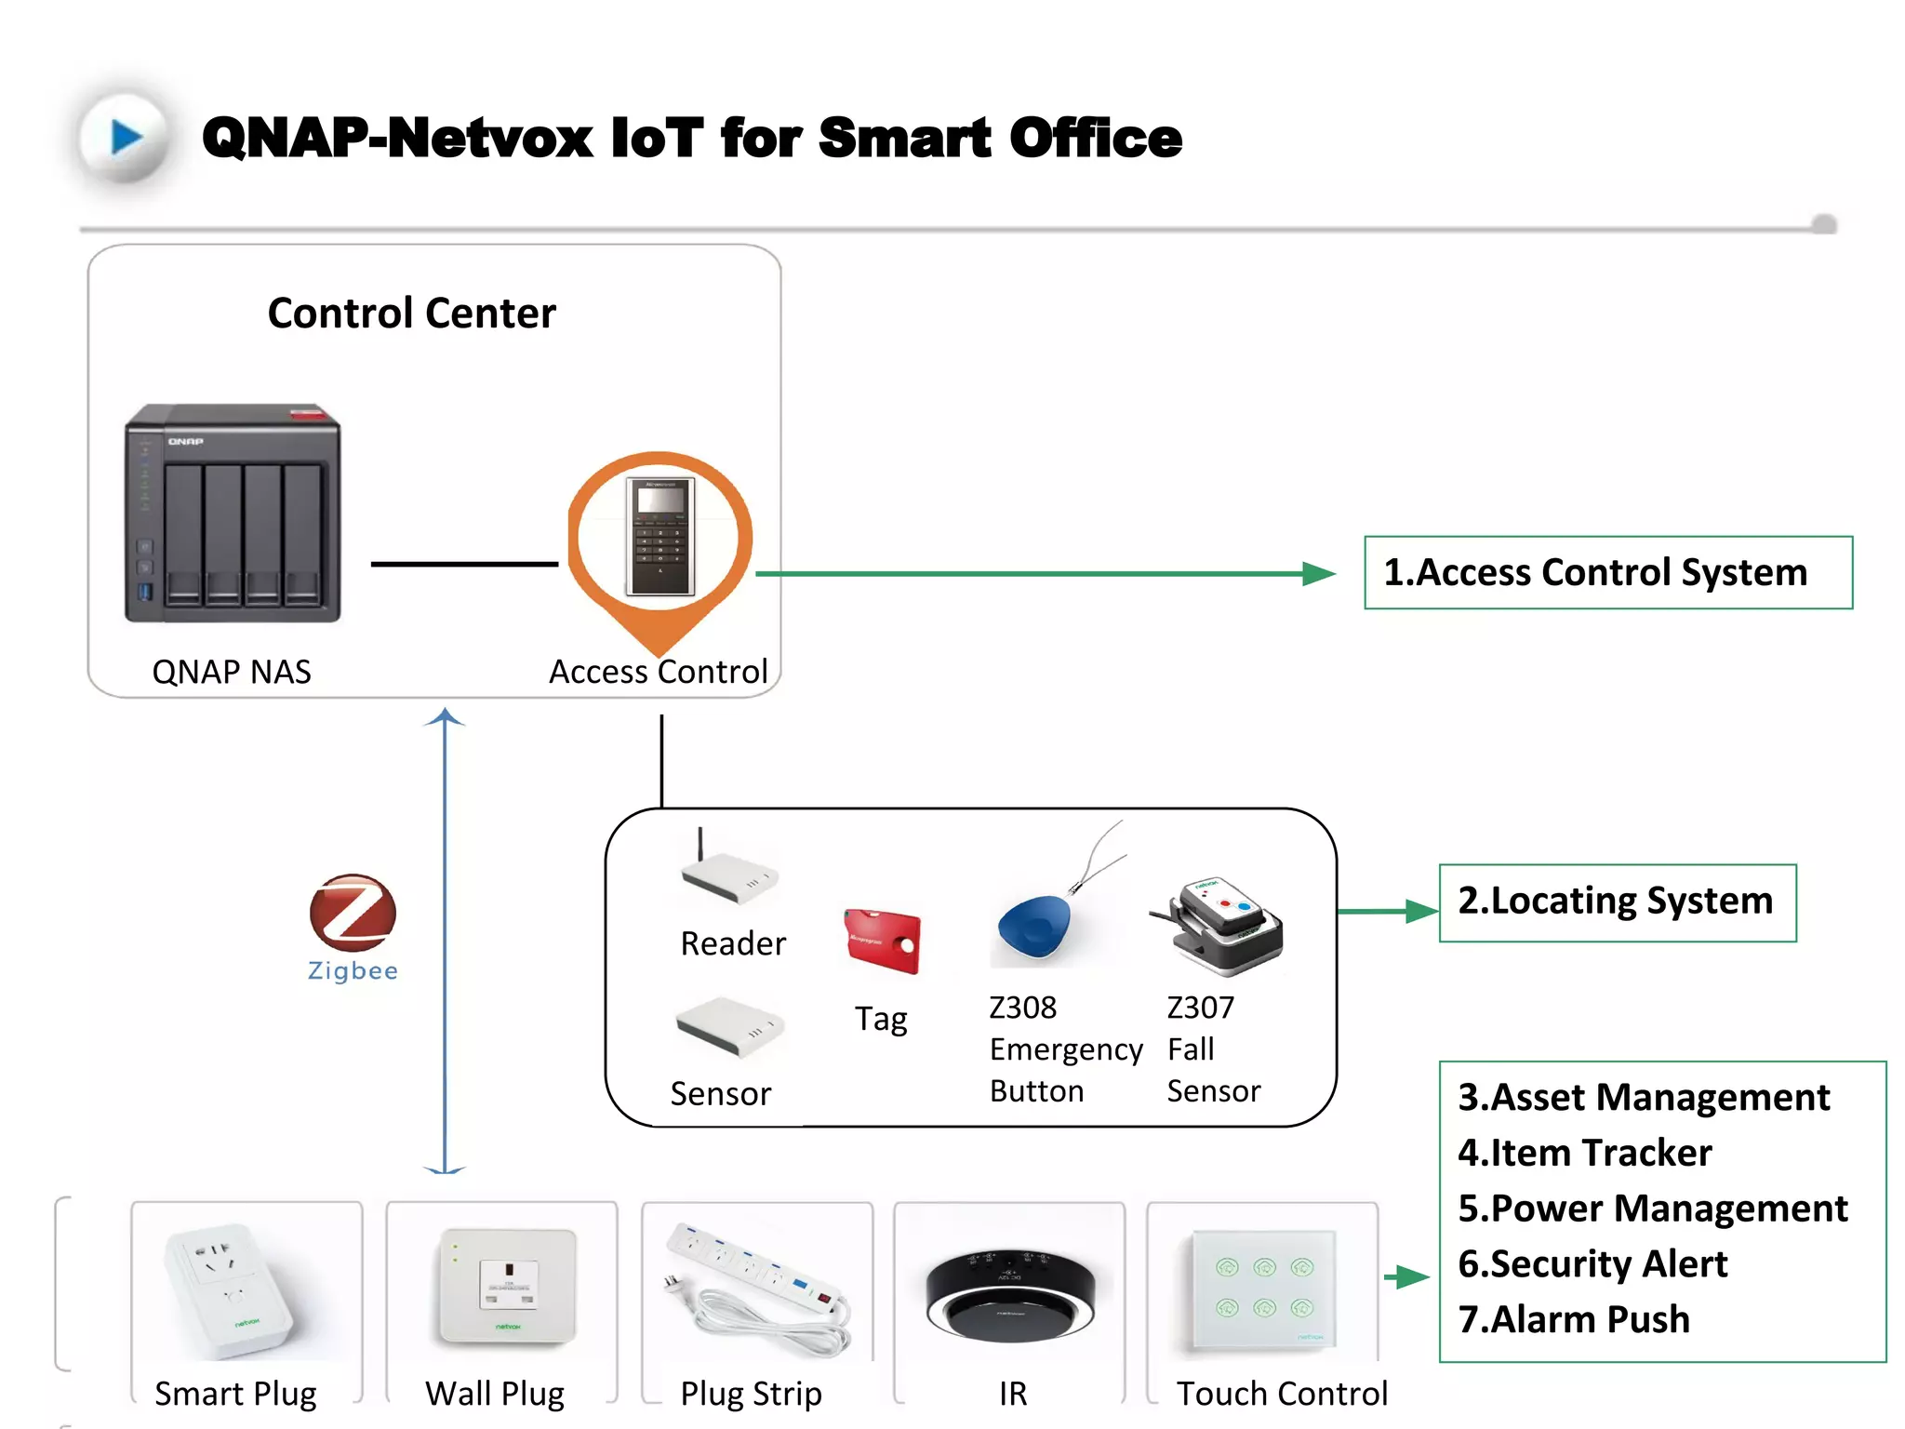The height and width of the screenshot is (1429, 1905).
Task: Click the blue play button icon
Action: [x=126, y=138]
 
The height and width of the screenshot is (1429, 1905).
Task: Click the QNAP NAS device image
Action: [x=233, y=514]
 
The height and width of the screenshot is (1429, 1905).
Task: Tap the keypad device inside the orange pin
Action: [x=660, y=537]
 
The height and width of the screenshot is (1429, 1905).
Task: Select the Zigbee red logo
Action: [x=353, y=912]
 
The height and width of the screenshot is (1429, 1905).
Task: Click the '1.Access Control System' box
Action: [x=1607, y=572]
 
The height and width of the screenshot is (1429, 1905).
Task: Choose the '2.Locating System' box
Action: [x=1617, y=902]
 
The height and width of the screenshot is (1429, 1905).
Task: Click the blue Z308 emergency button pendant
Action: [x=1034, y=927]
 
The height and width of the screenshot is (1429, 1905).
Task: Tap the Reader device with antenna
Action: [x=728, y=875]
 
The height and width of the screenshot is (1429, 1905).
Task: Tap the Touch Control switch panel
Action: [x=1263, y=1289]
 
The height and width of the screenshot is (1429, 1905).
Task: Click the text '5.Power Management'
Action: [x=1652, y=1209]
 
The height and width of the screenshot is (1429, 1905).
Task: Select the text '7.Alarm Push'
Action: [x=1573, y=1319]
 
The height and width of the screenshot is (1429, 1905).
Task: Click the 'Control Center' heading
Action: [x=411, y=314]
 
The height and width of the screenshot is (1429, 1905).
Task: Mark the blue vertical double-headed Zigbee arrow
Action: [x=445, y=940]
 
